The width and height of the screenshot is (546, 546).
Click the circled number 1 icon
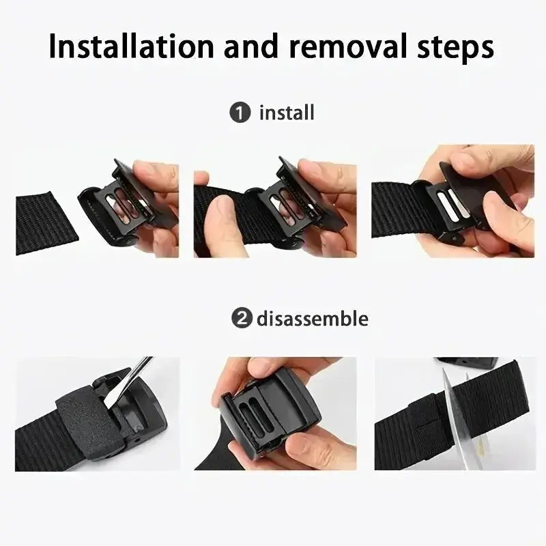240,112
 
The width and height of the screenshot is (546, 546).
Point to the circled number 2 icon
241,318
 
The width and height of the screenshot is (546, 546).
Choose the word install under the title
287,112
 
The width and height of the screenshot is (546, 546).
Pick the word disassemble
313,318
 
